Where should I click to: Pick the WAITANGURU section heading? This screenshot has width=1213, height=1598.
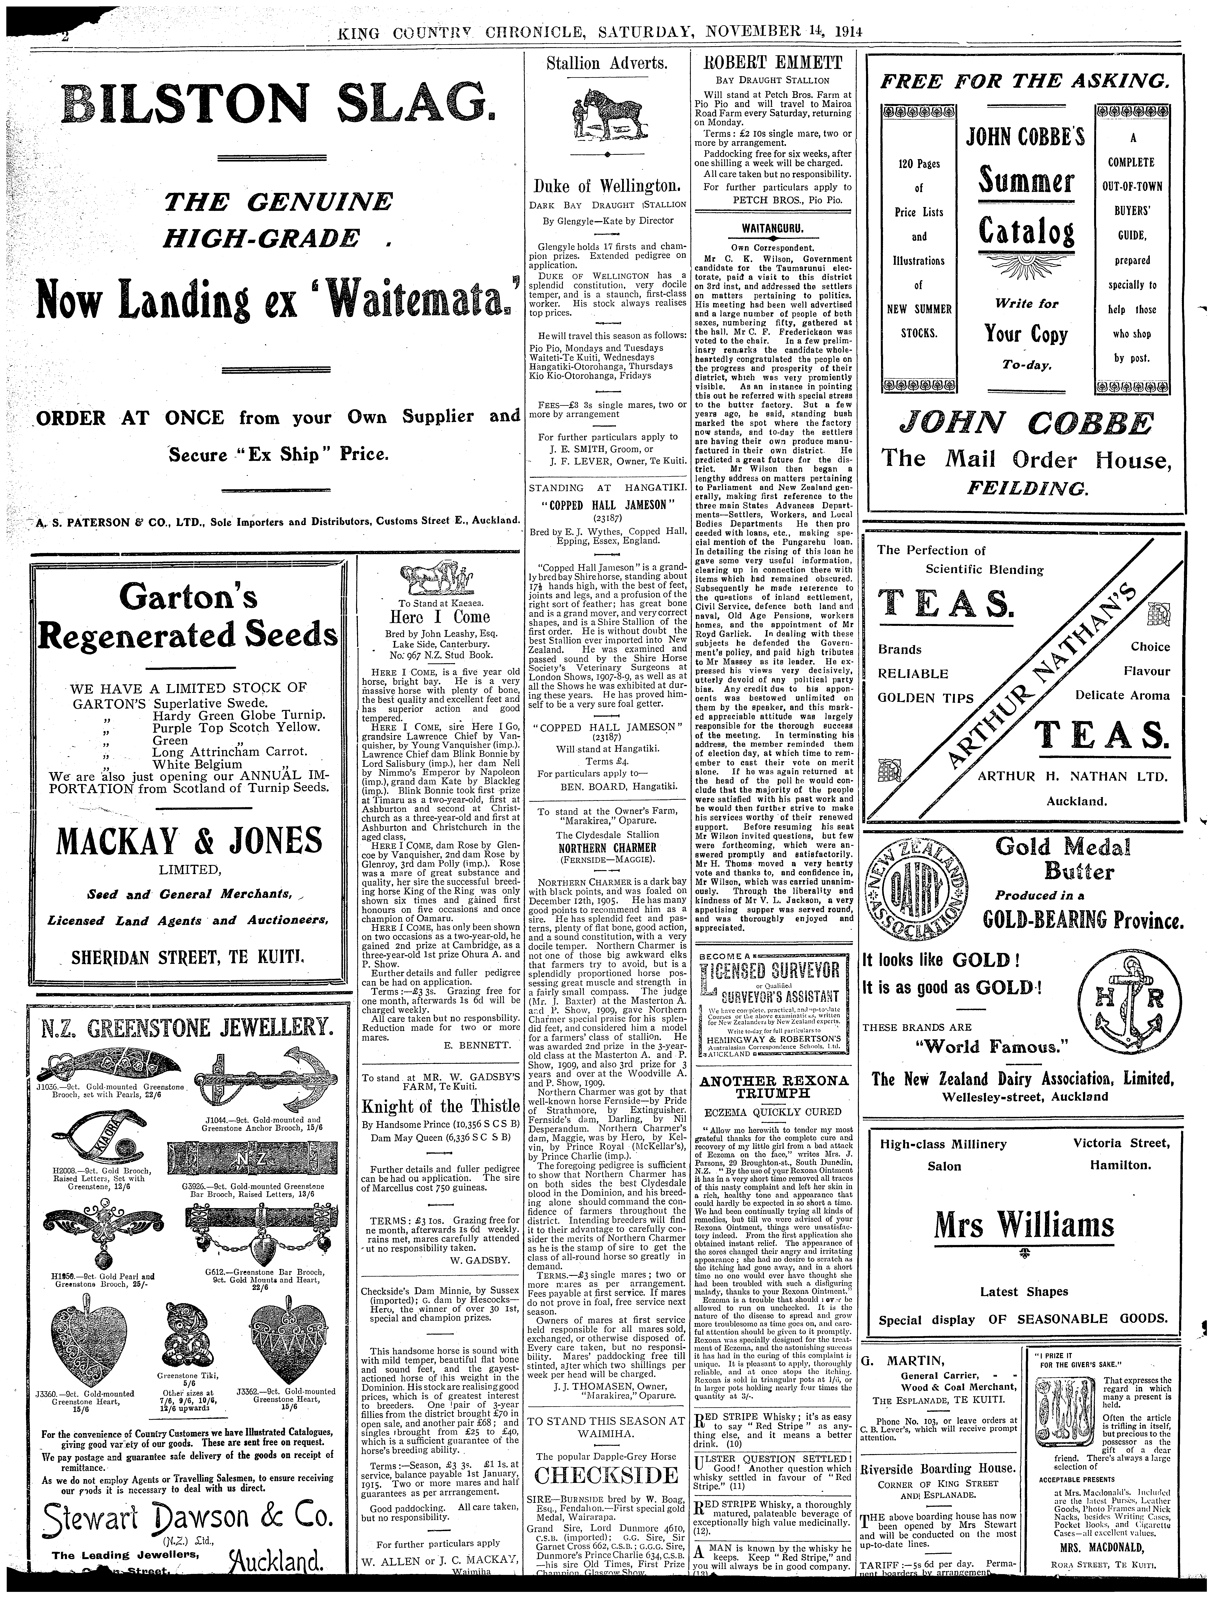pyautogui.click(x=772, y=230)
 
